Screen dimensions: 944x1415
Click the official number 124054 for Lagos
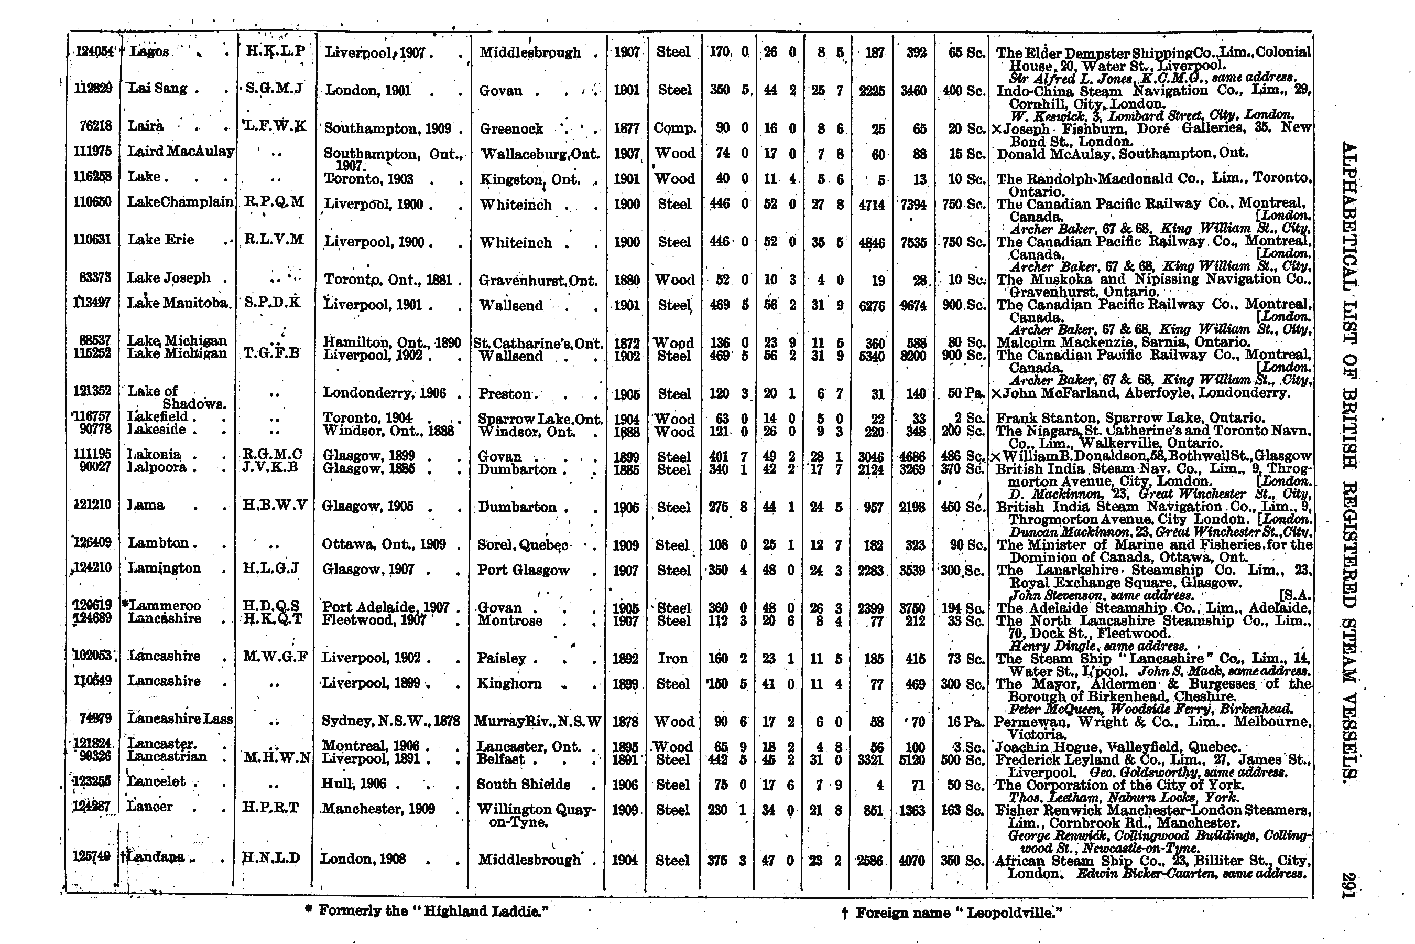[94, 52]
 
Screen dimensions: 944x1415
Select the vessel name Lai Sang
[158, 89]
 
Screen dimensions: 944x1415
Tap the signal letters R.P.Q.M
[274, 202]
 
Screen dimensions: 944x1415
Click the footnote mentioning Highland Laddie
[428, 910]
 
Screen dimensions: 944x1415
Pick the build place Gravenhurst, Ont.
[538, 281]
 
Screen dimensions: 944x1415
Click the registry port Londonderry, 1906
[385, 393]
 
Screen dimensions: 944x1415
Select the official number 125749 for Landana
[91, 855]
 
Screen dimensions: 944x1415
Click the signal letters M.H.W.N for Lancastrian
[276, 758]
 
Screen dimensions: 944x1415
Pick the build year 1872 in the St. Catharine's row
[626, 343]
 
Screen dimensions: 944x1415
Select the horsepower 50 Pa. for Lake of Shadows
[964, 394]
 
